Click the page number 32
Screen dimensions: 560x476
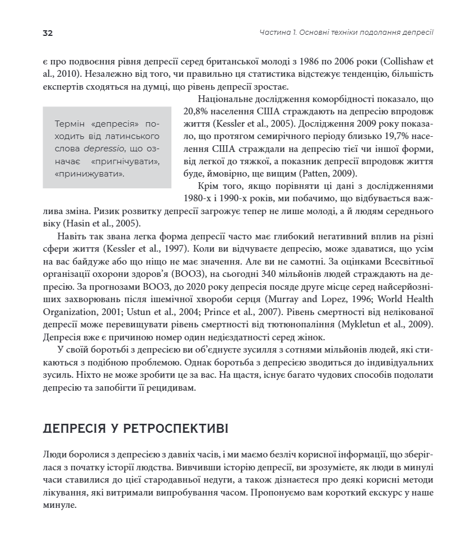coord(48,33)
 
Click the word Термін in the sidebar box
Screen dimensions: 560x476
coord(69,124)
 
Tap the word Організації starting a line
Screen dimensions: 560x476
coord(66,275)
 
